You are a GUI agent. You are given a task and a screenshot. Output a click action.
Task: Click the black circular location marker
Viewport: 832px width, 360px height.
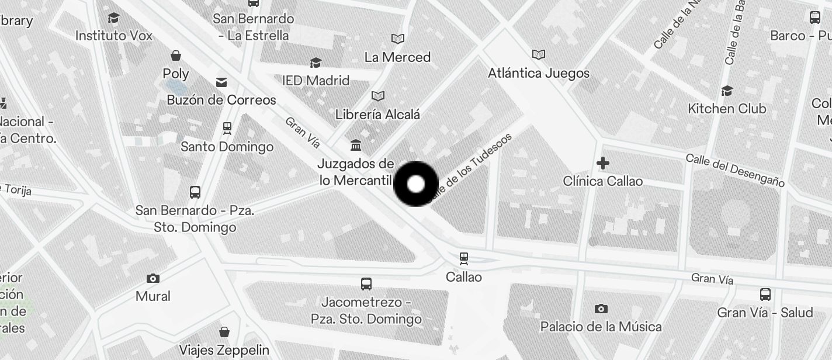coord(416,184)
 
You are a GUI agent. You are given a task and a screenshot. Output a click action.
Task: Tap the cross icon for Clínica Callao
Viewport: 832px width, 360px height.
coord(603,162)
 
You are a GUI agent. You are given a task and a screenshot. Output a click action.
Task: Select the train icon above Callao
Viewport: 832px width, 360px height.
coord(464,258)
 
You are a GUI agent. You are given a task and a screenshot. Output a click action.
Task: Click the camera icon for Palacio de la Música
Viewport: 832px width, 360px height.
coord(601,309)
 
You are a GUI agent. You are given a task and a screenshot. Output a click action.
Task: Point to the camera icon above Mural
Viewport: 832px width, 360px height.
coord(153,278)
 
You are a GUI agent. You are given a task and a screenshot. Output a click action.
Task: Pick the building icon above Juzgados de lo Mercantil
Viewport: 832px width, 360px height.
coord(355,145)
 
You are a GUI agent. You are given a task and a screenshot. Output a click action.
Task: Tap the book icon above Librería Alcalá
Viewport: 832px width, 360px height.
coord(378,96)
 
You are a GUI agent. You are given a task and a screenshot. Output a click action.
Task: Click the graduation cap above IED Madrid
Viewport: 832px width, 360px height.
coord(316,63)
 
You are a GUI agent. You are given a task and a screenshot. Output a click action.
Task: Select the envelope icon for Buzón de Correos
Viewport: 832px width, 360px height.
coord(221,82)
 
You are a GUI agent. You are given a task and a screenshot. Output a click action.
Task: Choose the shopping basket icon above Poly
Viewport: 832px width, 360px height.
coord(176,56)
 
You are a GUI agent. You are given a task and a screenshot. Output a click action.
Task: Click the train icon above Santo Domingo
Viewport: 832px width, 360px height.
coord(227,127)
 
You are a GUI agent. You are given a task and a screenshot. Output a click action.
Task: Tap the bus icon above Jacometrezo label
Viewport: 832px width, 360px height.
coord(366,284)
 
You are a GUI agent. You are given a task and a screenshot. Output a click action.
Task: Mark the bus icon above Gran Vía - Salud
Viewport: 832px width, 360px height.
coord(765,294)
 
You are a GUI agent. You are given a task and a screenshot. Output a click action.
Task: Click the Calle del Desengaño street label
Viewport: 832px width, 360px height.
coord(734,170)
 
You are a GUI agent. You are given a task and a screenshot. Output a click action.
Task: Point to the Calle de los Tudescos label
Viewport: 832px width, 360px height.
coord(471,168)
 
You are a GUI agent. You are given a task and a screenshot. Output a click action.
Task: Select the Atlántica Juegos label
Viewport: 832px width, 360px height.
coord(539,74)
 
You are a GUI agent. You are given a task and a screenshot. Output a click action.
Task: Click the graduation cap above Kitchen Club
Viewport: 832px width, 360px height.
coord(727,91)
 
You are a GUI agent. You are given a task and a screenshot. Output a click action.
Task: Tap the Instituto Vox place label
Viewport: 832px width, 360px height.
coord(114,36)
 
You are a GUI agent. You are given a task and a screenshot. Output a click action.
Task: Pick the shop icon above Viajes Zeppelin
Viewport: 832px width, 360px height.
coord(224,332)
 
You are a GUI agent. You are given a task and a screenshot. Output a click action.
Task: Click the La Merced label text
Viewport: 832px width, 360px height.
coord(397,57)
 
